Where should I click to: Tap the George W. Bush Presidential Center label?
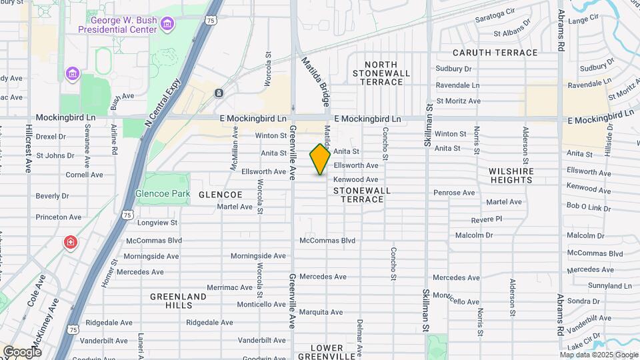tap(117, 25)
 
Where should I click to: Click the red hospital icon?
tap(70, 242)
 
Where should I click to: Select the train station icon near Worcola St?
tap(219, 93)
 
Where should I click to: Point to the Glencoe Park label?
tap(159, 193)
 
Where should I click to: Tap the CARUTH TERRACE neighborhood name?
tap(495, 53)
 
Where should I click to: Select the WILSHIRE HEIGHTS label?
tap(511, 175)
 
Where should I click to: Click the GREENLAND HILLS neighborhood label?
tap(171, 301)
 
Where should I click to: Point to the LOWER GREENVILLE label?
tap(326, 352)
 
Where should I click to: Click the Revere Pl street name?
tap(486, 219)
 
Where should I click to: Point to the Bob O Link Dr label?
tap(589, 207)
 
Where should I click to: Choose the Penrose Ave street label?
tap(454, 193)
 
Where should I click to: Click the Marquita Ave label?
tap(321, 312)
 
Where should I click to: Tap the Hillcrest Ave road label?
tap(29, 147)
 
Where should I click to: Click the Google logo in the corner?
tap(22, 351)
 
